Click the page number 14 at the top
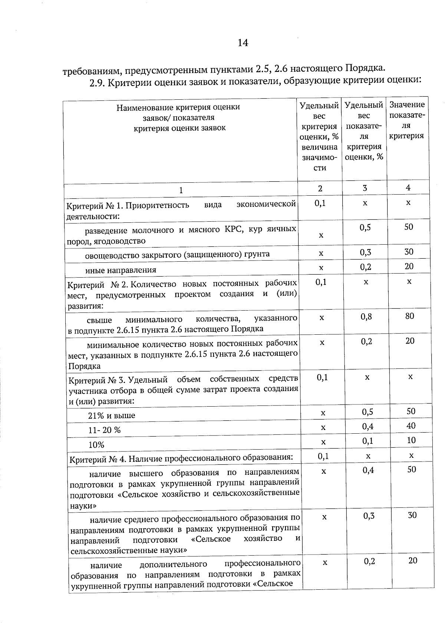243,43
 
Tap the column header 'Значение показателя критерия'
407,120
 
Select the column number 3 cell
365,188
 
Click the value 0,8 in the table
366,317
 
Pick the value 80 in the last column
409,316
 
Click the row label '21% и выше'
112,416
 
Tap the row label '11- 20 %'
105,430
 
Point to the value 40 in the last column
411,426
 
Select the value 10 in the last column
411,440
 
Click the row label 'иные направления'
121,270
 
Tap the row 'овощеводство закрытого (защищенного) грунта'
177,255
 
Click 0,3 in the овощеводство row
365,252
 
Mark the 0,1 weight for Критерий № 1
320,203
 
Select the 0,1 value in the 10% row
367,441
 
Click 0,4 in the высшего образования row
368,470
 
